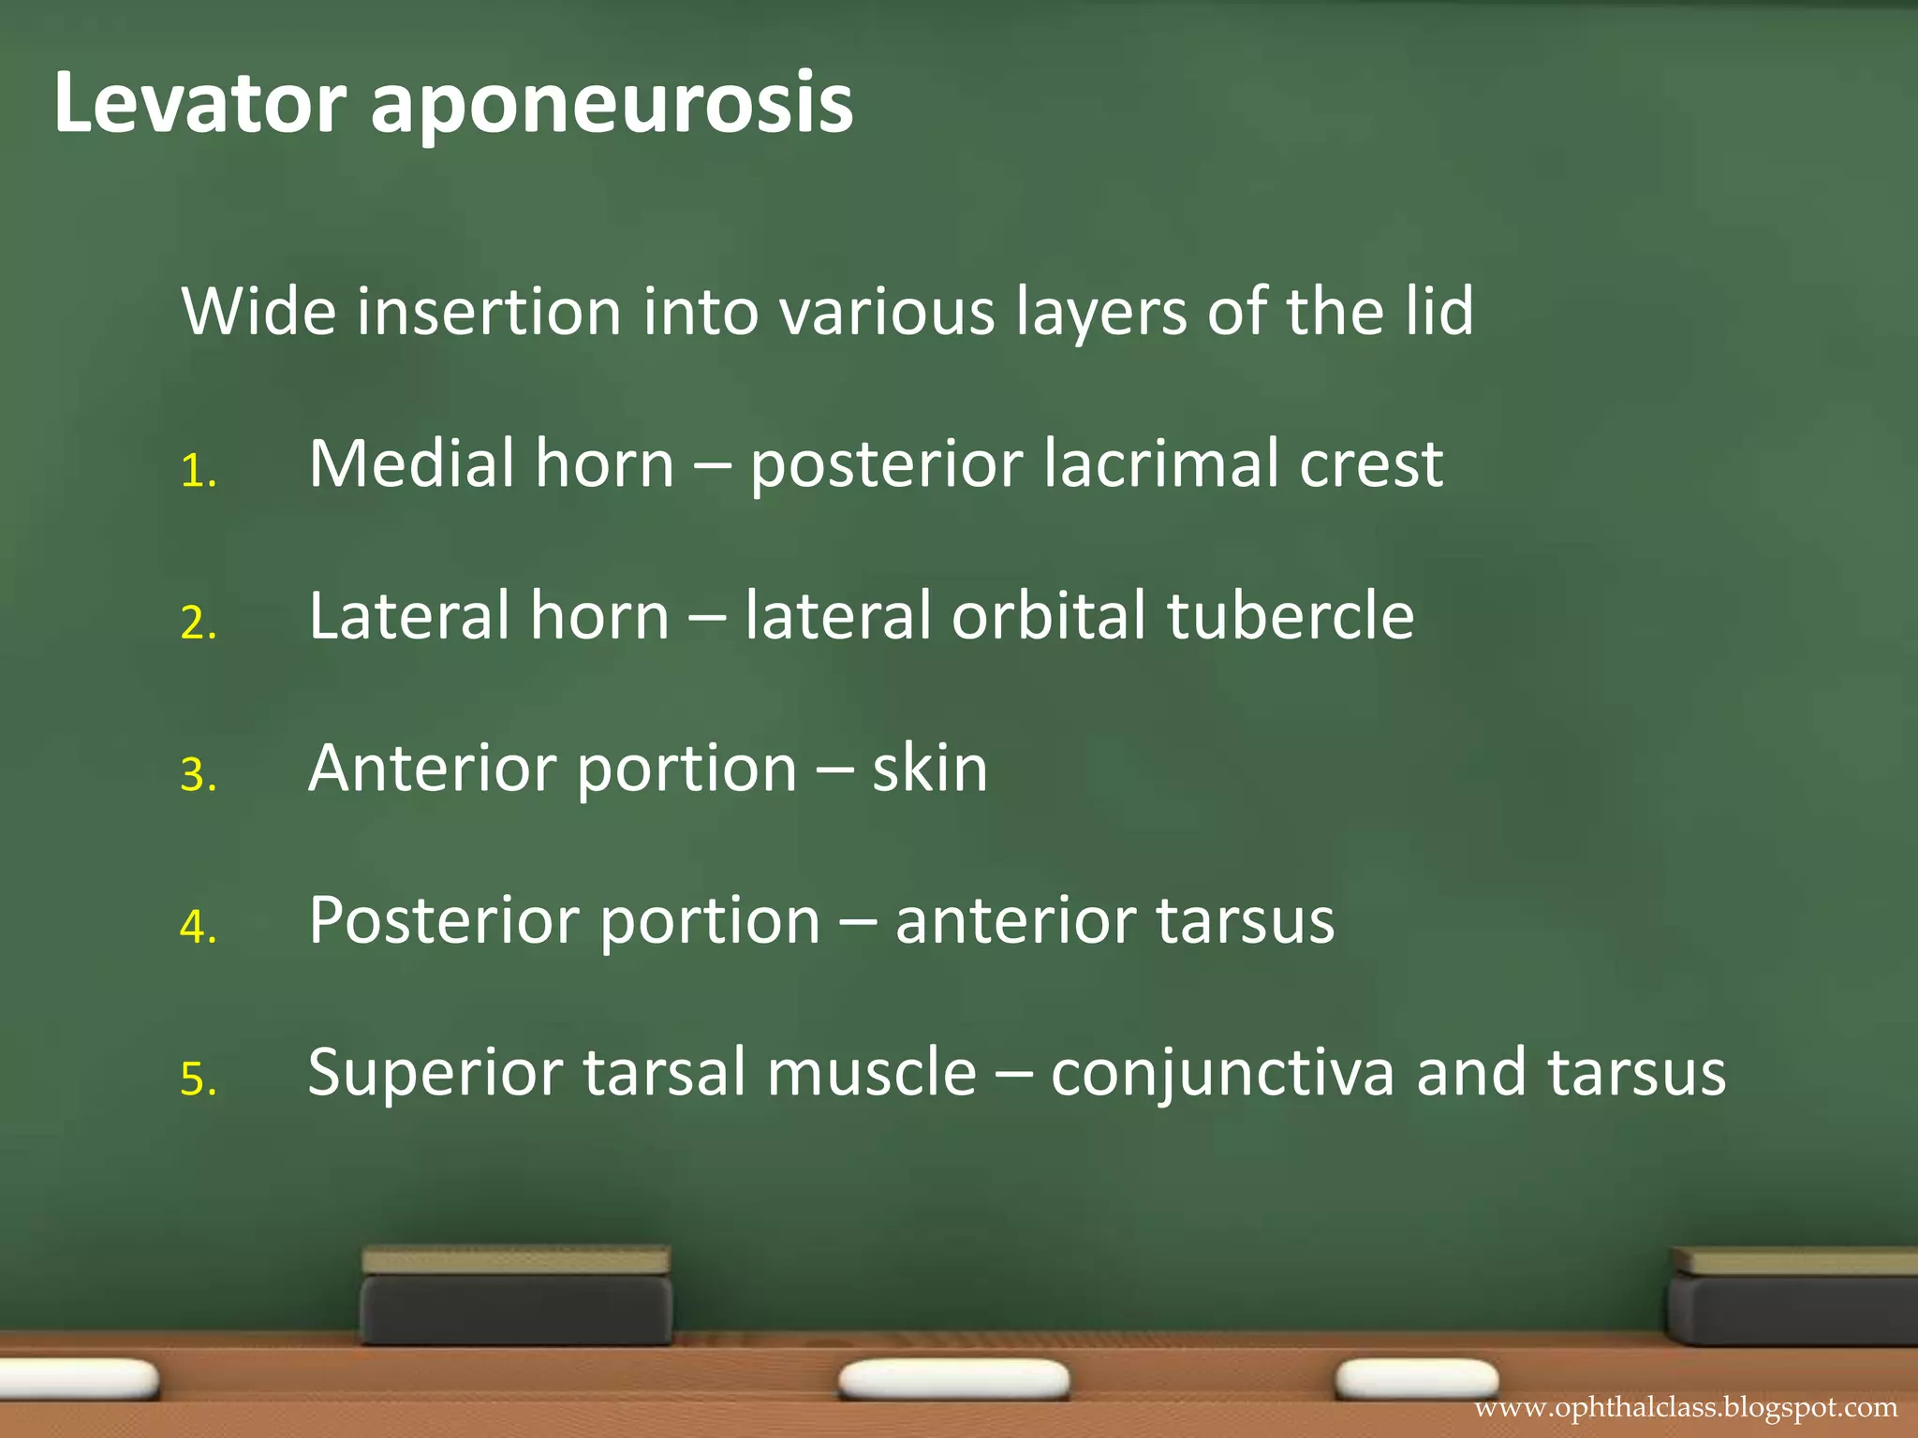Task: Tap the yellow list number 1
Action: (198, 471)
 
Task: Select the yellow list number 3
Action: (198, 775)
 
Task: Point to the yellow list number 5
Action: (198, 1079)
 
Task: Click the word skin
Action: (929, 768)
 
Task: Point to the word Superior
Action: (435, 1072)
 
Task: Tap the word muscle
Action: (872, 1072)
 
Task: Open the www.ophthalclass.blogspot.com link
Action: (1686, 1407)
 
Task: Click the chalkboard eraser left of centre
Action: (516, 1295)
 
